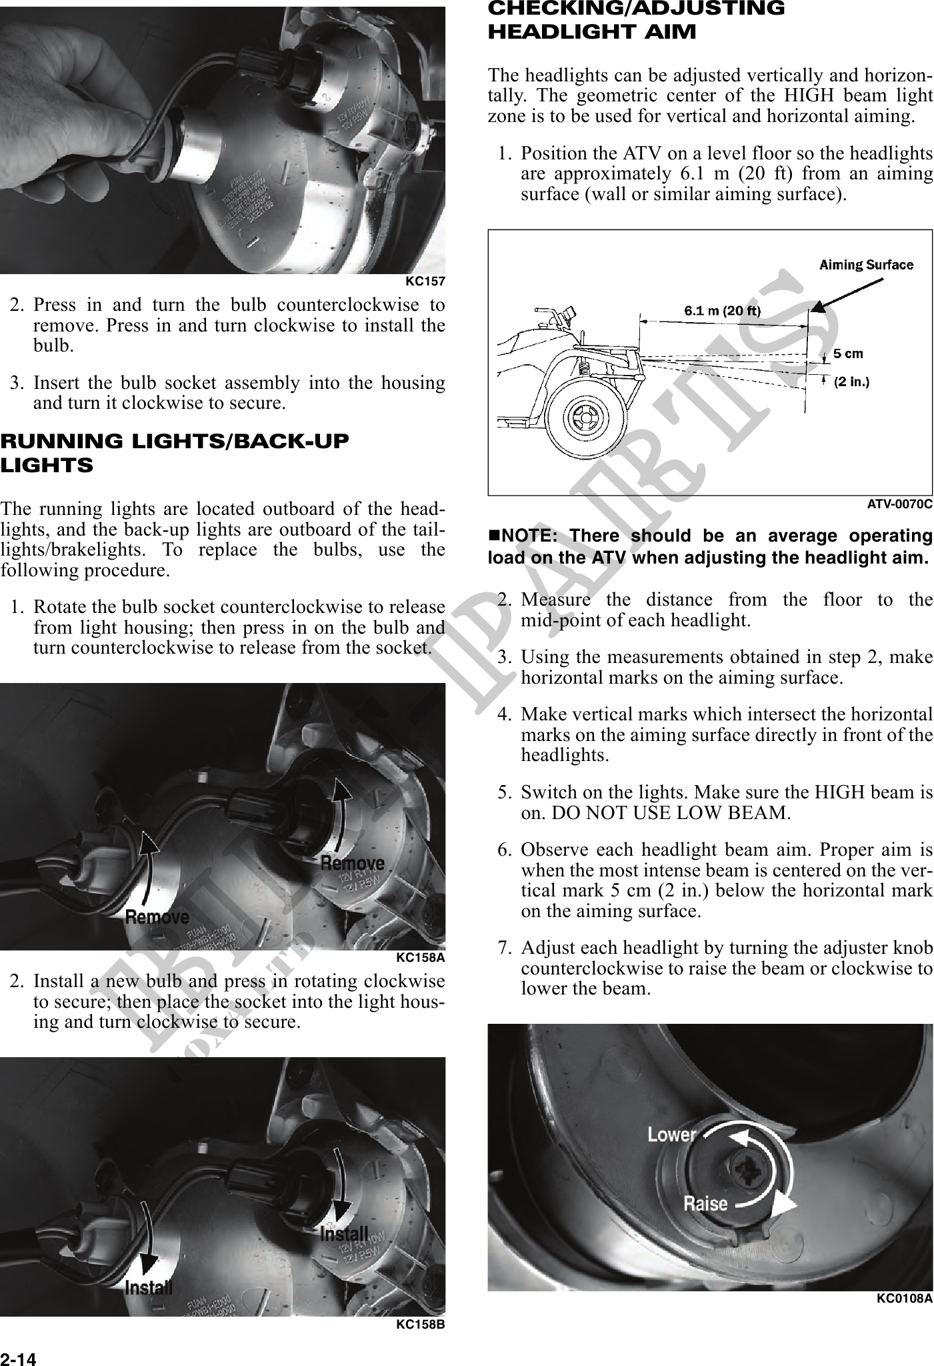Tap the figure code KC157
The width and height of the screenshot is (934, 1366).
[425, 281]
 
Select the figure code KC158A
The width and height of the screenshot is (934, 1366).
[420, 958]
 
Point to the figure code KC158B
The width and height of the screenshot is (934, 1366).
[420, 1324]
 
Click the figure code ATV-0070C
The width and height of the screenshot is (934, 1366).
[899, 504]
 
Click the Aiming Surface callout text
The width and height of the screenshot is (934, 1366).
[866, 265]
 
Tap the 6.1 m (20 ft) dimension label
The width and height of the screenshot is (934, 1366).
[723, 310]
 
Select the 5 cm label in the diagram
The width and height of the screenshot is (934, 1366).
[848, 354]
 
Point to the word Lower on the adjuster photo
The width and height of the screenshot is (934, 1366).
[671, 1135]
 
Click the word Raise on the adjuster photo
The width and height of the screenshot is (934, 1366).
[705, 1203]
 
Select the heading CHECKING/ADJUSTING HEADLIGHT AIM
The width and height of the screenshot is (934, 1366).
[636, 20]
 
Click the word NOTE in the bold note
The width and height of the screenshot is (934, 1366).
[524, 536]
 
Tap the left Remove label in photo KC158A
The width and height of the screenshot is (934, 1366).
[157, 917]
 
